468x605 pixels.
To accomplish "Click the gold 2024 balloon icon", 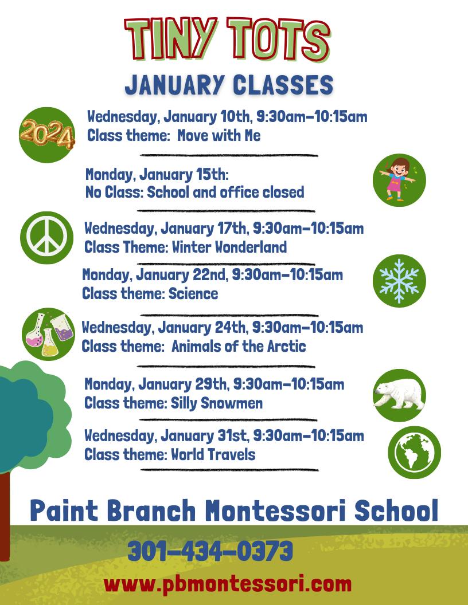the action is [46, 135].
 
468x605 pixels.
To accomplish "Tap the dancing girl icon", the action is [399, 180].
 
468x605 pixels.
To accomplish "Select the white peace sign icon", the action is [46, 237].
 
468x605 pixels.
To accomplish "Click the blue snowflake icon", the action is [399, 281].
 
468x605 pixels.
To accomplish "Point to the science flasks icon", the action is [49, 334].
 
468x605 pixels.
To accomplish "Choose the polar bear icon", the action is [399, 395].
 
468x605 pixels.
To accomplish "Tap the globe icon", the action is [414, 452].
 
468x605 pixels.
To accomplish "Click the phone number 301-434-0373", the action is [210, 551].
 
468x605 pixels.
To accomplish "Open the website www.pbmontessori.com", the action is [228, 584].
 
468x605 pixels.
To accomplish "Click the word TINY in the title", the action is [170, 38].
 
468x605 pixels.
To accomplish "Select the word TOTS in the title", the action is [278, 40].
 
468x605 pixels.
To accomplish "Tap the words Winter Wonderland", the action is [229, 246].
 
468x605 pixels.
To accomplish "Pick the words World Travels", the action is [213, 454].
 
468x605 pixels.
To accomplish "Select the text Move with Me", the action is [219, 135].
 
